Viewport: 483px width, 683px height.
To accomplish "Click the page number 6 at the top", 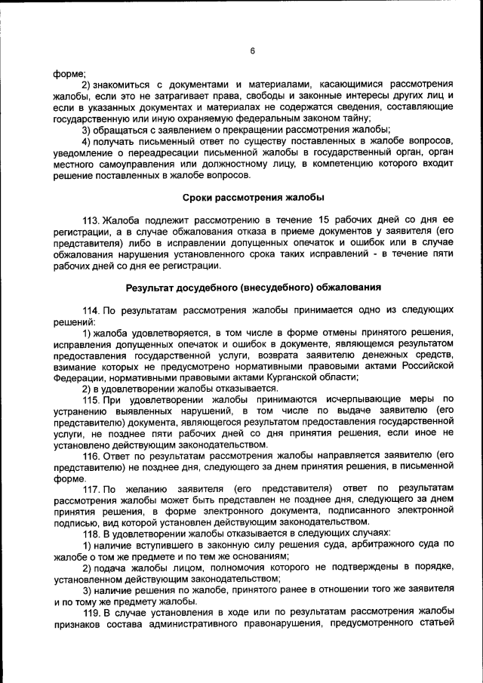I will click(252, 51).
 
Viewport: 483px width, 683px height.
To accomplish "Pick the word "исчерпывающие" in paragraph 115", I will click(313, 400).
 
